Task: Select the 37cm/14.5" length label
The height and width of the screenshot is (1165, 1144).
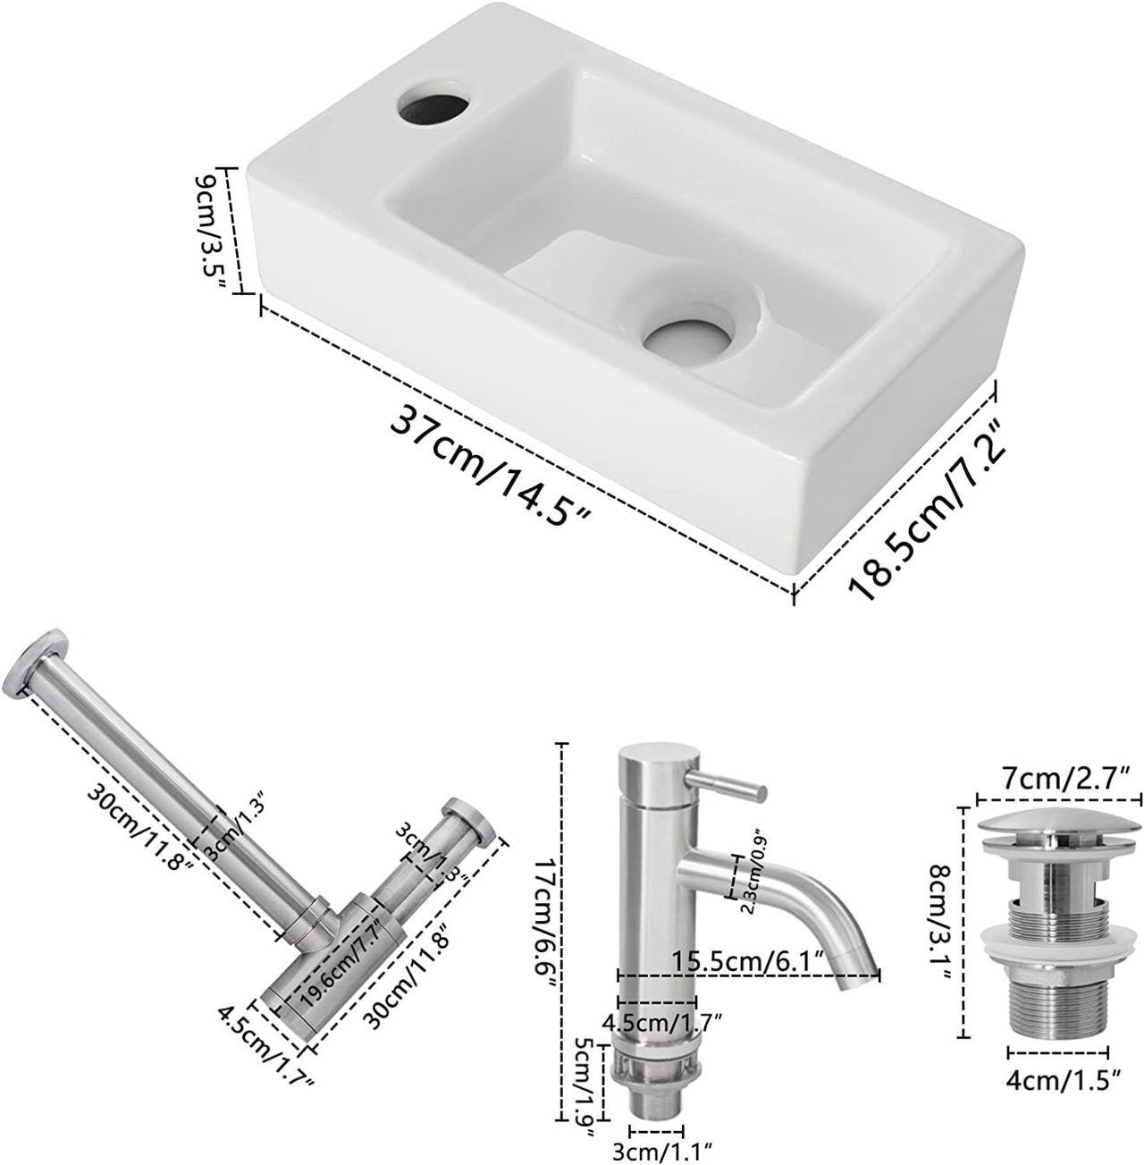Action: pos(490,465)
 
